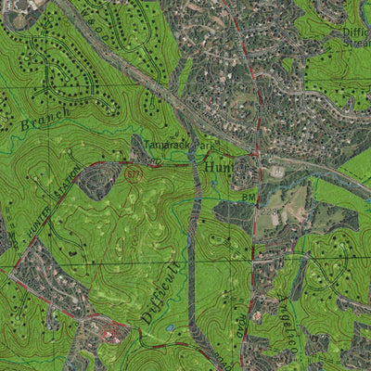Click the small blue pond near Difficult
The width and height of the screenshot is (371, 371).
tap(169, 327)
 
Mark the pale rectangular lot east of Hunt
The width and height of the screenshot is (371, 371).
tap(276, 172)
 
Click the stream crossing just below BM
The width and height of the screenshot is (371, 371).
tap(249, 210)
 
